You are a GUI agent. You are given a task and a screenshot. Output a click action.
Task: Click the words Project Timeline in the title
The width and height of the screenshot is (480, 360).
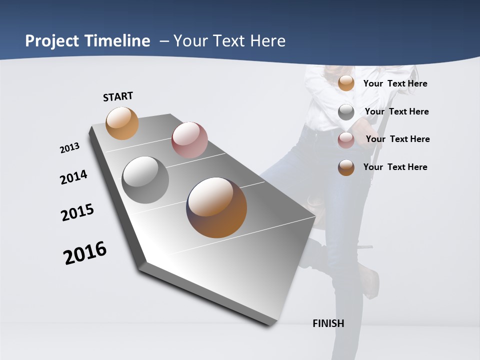click(x=87, y=41)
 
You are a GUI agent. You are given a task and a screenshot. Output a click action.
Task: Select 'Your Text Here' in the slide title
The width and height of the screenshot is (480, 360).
click(x=229, y=41)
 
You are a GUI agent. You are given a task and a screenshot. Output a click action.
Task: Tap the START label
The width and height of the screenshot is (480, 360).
click(x=118, y=96)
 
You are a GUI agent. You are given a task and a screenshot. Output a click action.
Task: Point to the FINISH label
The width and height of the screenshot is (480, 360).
click(x=328, y=323)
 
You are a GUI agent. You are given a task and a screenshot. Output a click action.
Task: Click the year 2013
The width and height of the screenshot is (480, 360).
click(x=70, y=148)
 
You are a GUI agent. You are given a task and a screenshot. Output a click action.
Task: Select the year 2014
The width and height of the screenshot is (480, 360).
click(x=74, y=177)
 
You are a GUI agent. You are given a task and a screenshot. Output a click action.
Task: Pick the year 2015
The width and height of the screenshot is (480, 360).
click(x=77, y=212)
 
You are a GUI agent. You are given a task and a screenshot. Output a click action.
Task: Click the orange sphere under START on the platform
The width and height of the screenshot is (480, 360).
click(x=122, y=123)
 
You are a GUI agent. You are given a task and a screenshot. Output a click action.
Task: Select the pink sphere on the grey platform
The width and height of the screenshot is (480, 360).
click(x=189, y=139)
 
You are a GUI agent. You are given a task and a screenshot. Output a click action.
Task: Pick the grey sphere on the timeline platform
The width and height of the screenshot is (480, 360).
click(x=145, y=180)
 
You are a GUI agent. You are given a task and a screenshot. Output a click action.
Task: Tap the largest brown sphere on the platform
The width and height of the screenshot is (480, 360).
click(x=216, y=207)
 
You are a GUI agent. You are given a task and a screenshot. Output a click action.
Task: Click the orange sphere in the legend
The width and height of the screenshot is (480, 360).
click(x=346, y=83)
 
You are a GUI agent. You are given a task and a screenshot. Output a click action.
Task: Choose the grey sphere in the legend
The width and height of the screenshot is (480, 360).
click(x=346, y=112)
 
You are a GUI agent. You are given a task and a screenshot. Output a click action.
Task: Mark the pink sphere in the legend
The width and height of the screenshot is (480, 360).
click(x=346, y=140)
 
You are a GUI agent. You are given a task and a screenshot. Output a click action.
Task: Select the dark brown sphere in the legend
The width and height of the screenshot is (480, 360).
click(x=346, y=167)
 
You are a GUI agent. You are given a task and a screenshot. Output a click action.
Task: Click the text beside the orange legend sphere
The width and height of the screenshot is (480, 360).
click(x=395, y=83)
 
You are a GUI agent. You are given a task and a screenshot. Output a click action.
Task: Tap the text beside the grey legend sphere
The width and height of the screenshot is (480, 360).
click(x=396, y=111)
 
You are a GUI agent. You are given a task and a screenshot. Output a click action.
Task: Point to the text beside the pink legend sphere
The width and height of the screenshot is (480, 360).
click(x=397, y=139)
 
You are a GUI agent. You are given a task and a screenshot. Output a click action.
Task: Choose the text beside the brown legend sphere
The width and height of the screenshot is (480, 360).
click(x=395, y=167)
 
